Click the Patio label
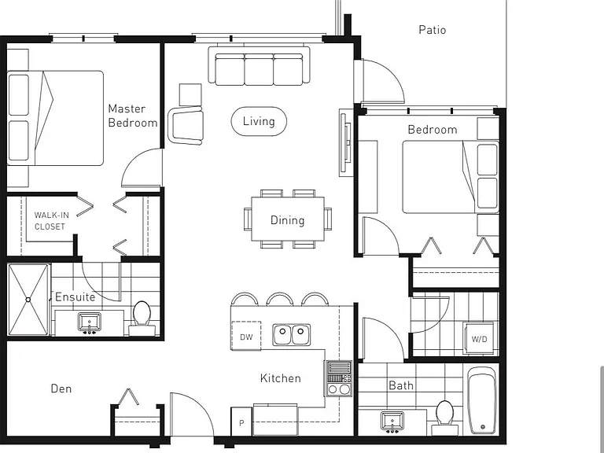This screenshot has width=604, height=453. click(x=433, y=30)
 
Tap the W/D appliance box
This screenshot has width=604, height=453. click(x=480, y=338)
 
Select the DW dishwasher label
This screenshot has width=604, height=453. click(x=246, y=337)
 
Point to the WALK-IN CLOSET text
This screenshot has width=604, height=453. click(x=50, y=221)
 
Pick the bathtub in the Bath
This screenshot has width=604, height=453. click(x=482, y=400)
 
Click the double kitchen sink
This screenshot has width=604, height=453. click(x=292, y=334)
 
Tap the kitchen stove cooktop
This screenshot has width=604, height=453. click(x=339, y=378)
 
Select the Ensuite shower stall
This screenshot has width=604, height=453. click(x=28, y=300)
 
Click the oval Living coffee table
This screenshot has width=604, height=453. click(x=259, y=121)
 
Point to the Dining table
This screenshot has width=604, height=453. click(x=288, y=219)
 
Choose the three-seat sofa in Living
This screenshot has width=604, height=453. click(x=259, y=65)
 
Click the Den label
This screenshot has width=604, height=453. click(x=61, y=389)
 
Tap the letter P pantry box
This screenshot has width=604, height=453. click(x=241, y=422)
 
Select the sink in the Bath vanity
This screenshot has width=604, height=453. click(x=392, y=421)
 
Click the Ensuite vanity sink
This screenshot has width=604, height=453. click(x=90, y=322)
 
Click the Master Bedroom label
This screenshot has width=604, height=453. click(x=133, y=116)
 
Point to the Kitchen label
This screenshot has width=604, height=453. click(x=281, y=378)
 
